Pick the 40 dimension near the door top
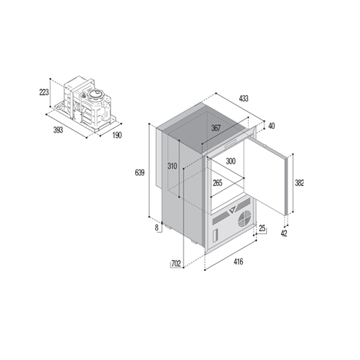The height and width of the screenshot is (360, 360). tap(271, 126)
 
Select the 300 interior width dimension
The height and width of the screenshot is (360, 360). tap(230, 161)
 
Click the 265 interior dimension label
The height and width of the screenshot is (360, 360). tap(217, 183)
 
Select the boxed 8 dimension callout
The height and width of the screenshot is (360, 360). tap(157, 228)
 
